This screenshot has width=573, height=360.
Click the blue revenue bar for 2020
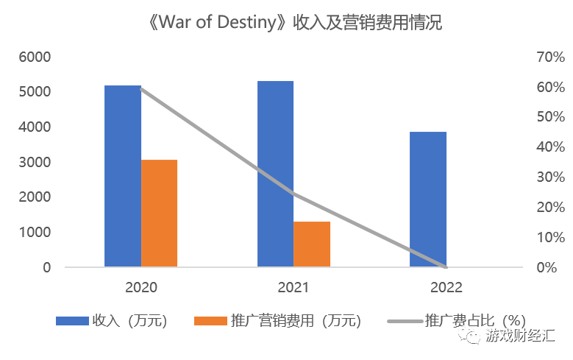[123, 176]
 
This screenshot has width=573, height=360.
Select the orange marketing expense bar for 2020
[160, 213]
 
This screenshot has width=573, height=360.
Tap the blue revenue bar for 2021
[275, 174]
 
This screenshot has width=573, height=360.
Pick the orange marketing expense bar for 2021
[312, 244]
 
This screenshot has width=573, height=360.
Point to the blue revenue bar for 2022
[428, 199]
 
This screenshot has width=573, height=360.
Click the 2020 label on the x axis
[141, 286]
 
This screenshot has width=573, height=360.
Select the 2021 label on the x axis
[293, 286]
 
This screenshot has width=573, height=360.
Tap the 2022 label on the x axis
[446, 286]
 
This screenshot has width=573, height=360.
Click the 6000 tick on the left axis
[36, 57]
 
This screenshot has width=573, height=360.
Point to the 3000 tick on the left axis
[36, 162]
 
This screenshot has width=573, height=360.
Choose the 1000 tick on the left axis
[36, 232]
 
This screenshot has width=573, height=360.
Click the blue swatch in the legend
[71, 321]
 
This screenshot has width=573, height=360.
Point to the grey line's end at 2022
[446, 267]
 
